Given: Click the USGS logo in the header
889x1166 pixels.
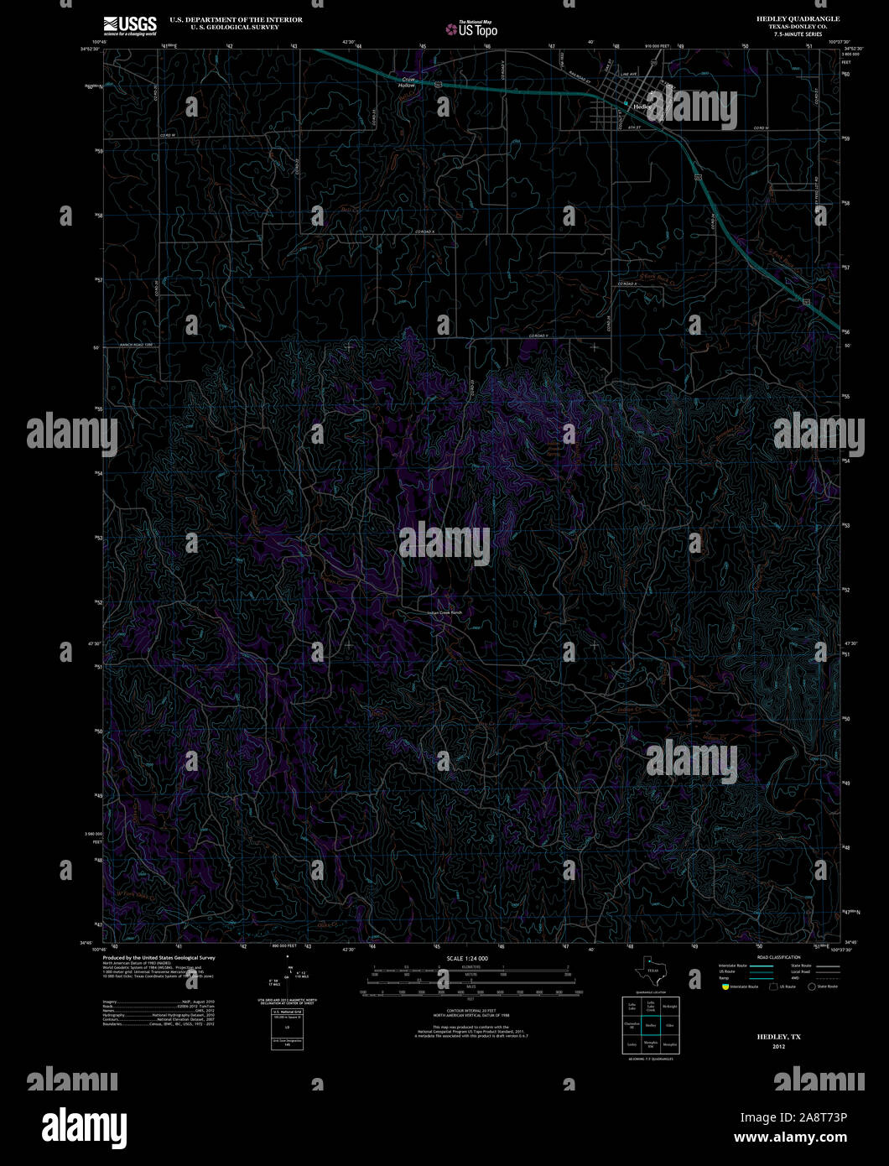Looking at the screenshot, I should [130, 25].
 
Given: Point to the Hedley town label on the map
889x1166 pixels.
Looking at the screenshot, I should [642, 107].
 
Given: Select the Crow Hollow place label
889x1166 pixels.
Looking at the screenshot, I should [407, 83].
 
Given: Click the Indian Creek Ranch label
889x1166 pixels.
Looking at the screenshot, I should [444, 612].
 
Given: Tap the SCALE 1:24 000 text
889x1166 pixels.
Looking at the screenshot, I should [467, 958].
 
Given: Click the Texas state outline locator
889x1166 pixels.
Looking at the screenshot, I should [650, 969].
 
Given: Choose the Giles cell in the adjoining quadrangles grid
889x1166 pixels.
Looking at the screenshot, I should [669, 1025].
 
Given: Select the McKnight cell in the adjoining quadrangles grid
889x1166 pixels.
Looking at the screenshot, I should [669, 1006].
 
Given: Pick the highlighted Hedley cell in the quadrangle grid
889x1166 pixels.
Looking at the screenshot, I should [650, 1025].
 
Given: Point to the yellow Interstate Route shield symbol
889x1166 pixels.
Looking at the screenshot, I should [724, 987].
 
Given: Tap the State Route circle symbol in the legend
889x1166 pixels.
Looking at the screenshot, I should [811, 987].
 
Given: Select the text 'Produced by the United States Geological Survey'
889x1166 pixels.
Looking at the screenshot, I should [159, 957].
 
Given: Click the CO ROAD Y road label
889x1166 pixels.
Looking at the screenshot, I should [538, 336].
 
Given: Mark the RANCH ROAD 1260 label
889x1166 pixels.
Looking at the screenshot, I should [137, 345].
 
